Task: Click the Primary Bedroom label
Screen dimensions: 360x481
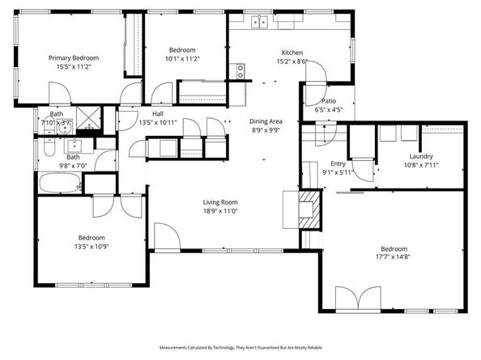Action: click(74, 58)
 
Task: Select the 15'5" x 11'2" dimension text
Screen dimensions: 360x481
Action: click(74, 68)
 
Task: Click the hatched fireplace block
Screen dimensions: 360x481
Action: click(309, 207)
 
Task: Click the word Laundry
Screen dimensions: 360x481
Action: click(421, 156)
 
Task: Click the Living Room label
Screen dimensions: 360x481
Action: click(221, 202)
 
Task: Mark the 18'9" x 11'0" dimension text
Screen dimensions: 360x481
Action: click(221, 212)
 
